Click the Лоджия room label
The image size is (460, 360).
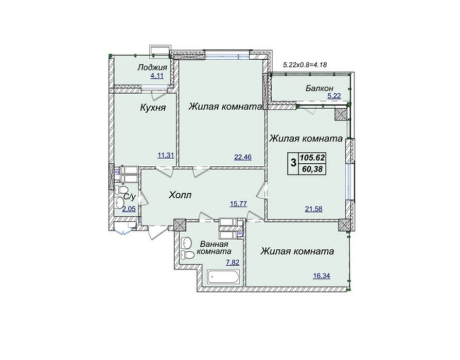(152, 67)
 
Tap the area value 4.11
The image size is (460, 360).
(157, 76)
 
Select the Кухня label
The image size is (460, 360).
(153, 108)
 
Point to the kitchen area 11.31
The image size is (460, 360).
(166, 156)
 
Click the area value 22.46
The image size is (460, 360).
(243, 157)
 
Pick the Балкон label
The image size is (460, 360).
(320, 88)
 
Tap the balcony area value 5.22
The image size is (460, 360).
(334, 96)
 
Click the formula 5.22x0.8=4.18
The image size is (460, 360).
(305, 64)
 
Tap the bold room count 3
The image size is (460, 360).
(293, 162)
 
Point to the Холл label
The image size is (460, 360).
(180, 195)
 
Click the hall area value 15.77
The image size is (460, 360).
(238, 203)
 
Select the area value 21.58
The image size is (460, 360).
(313, 209)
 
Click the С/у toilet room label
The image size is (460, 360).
(129, 197)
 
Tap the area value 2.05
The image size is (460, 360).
(129, 210)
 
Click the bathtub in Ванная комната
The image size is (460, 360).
(224, 277)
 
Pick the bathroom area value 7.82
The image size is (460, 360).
(233, 262)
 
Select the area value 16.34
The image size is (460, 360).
(322, 276)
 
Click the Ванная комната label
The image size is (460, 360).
(214, 248)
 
